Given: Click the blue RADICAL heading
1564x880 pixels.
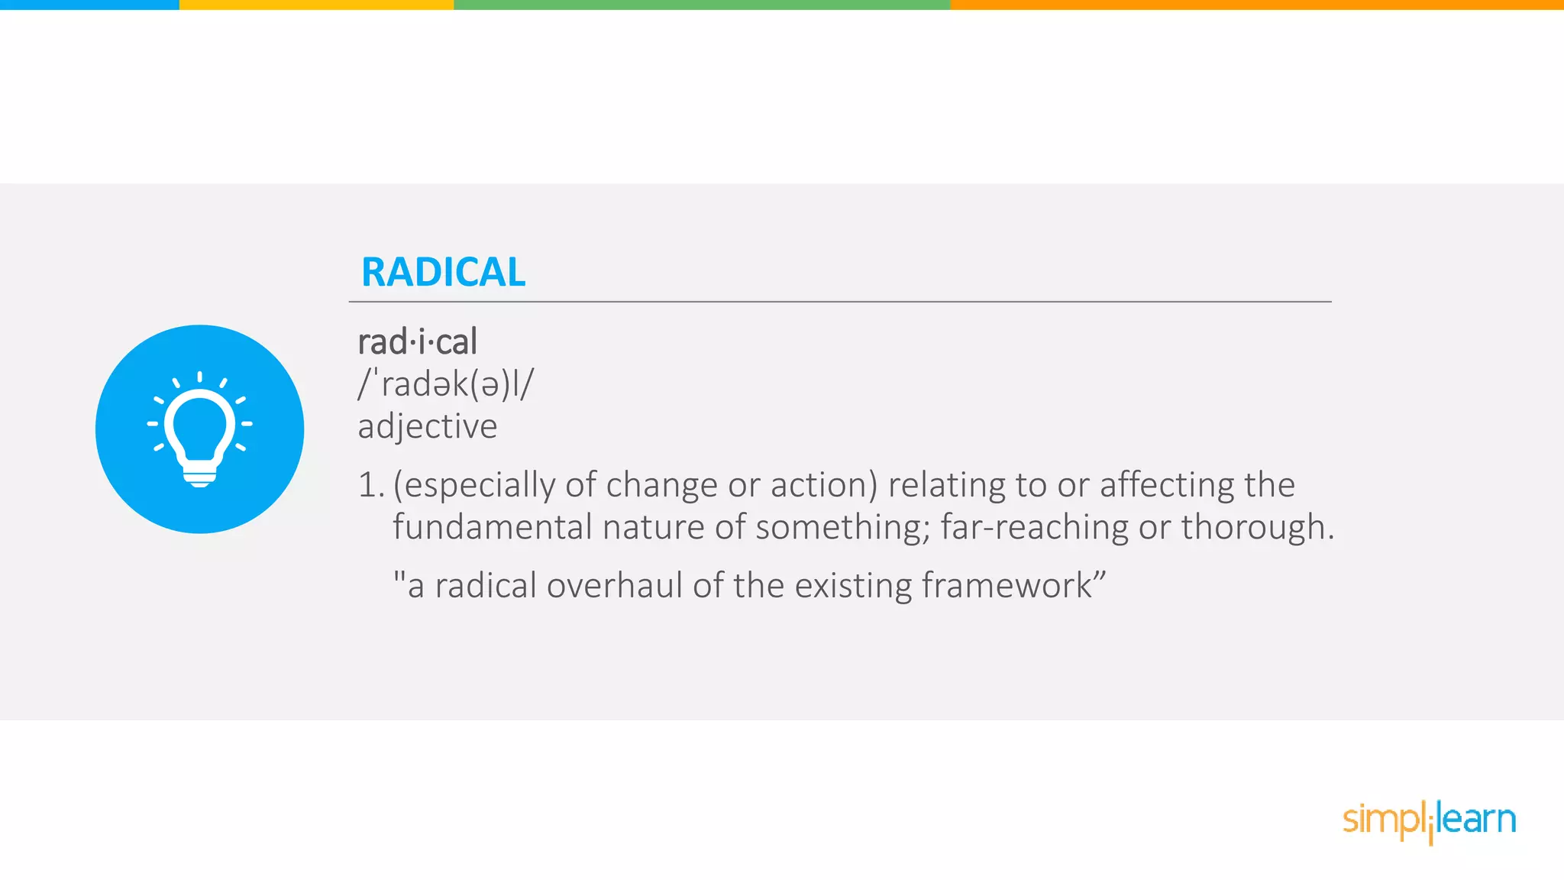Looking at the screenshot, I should tap(443, 273).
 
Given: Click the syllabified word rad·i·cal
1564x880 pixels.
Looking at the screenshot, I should tap(417, 341).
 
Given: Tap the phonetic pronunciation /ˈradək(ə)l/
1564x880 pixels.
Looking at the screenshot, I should tap(446, 384).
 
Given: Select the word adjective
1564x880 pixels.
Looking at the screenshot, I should tap(428, 426).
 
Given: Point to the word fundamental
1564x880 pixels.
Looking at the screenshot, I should tap(492, 528).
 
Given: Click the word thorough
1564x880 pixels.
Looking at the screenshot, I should tap(1252, 528).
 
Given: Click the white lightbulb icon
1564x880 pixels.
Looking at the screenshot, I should tap(200, 428).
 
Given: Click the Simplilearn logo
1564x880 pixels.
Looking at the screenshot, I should tap(1429, 821).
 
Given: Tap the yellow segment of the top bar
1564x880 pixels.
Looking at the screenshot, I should tap(316, 5).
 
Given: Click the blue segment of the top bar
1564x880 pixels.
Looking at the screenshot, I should tap(89, 5).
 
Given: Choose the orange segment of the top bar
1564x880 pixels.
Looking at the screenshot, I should tap(1256, 5).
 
